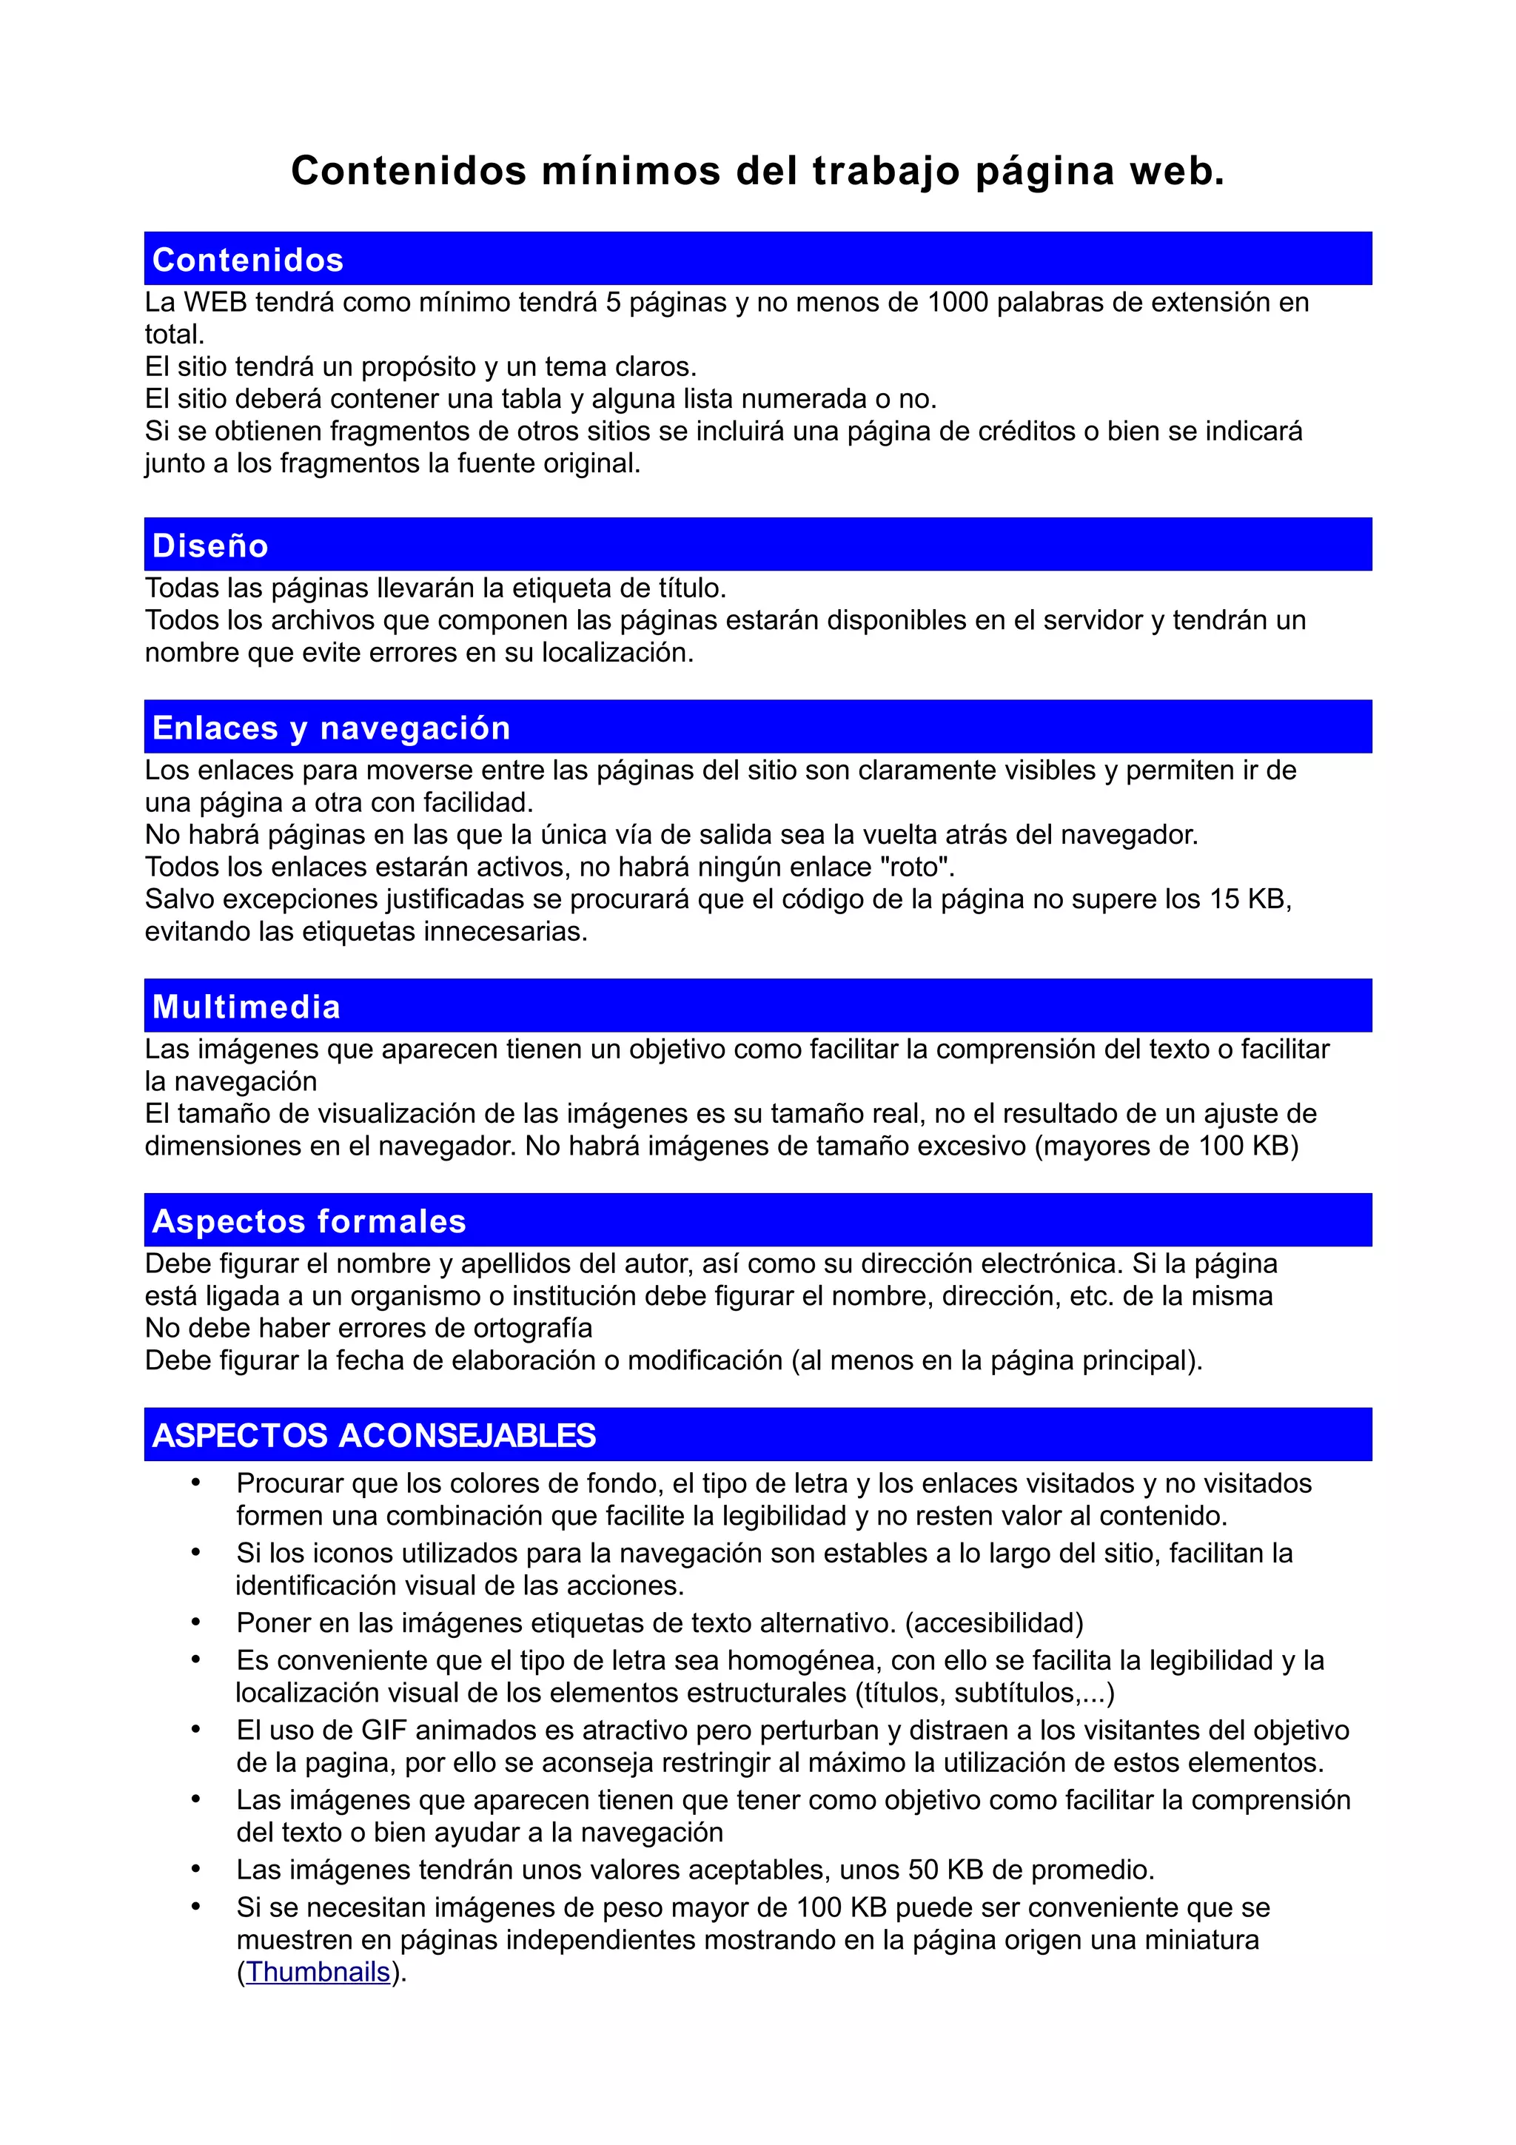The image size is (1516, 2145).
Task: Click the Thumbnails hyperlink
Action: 318,1971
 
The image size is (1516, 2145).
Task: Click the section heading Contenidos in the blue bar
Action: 247,260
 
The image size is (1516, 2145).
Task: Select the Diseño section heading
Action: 210,546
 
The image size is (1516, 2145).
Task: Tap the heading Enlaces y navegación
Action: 331,728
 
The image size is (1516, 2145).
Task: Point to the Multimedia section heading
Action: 246,1006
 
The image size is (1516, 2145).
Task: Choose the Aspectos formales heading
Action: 308,1221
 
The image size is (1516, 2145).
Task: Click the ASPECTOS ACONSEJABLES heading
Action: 374,1435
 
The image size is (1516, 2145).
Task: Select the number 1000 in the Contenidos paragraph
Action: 956,303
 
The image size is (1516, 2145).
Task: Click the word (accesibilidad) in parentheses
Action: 994,1622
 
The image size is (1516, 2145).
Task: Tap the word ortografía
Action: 534,1329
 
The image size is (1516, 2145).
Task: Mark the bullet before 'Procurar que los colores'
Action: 195,1483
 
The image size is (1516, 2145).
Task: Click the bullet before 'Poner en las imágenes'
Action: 195,1622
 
